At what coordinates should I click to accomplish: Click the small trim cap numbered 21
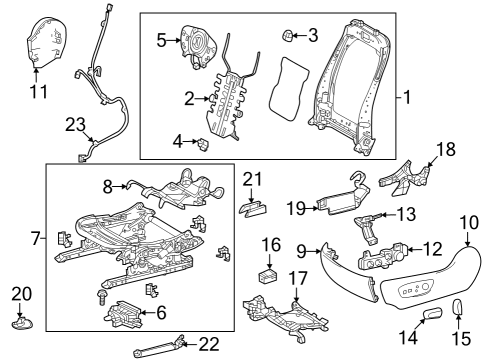(x=255, y=207)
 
